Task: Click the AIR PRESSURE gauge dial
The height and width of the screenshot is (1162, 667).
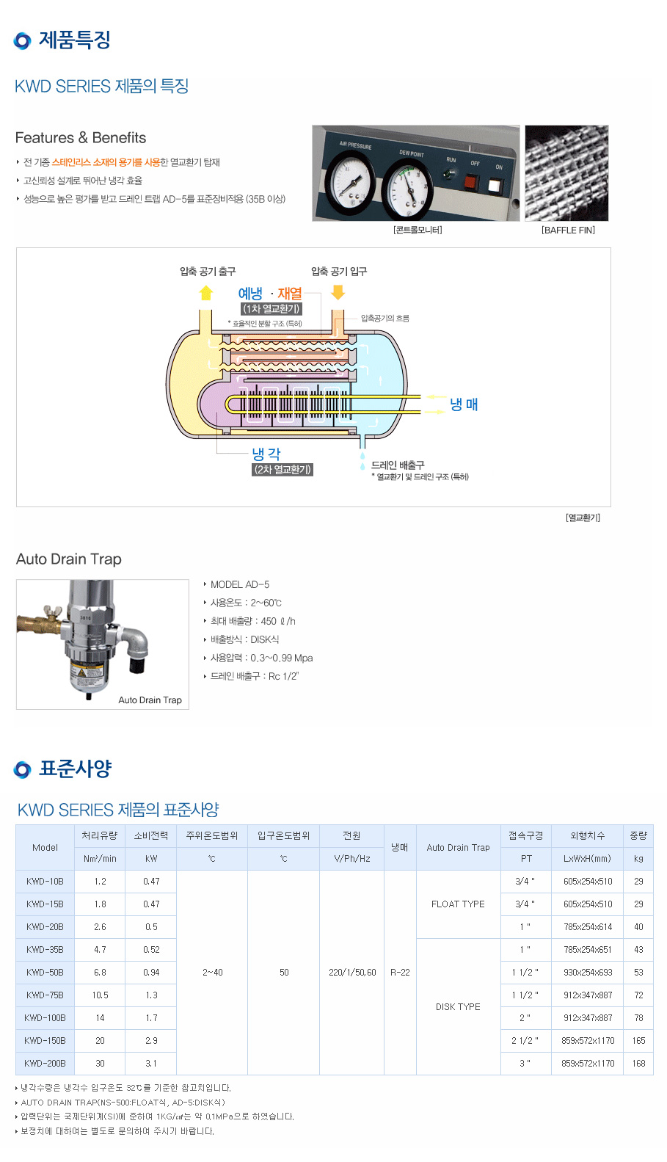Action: click(349, 181)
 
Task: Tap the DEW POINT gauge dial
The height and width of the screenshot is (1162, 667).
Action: click(406, 189)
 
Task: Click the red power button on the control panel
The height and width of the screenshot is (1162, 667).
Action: click(470, 181)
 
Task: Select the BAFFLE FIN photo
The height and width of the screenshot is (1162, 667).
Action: click(566, 173)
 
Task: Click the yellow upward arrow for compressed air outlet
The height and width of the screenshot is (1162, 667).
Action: click(206, 293)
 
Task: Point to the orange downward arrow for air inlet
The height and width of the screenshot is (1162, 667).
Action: click(338, 292)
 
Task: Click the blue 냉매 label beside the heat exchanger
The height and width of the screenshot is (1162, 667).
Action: click(464, 404)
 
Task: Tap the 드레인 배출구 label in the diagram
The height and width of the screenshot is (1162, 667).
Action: click(398, 465)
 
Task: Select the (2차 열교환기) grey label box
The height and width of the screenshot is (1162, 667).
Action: click(283, 470)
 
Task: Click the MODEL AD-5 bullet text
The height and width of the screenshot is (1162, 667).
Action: click(240, 584)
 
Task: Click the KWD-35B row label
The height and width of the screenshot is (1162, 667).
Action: click(45, 949)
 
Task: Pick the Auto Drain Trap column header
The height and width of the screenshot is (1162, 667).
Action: click(458, 847)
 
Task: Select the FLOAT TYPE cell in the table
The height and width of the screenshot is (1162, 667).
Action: click(458, 904)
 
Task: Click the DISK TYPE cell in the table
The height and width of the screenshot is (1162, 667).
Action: click(458, 1006)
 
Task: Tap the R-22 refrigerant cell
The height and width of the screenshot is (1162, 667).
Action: click(400, 972)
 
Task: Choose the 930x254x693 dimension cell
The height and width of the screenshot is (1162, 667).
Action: click(588, 972)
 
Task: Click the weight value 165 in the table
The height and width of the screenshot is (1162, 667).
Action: click(638, 1040)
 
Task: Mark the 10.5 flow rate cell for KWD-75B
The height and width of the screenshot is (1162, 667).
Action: click(100, 995)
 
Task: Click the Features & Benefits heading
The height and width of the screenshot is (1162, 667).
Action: click(81, 138)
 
